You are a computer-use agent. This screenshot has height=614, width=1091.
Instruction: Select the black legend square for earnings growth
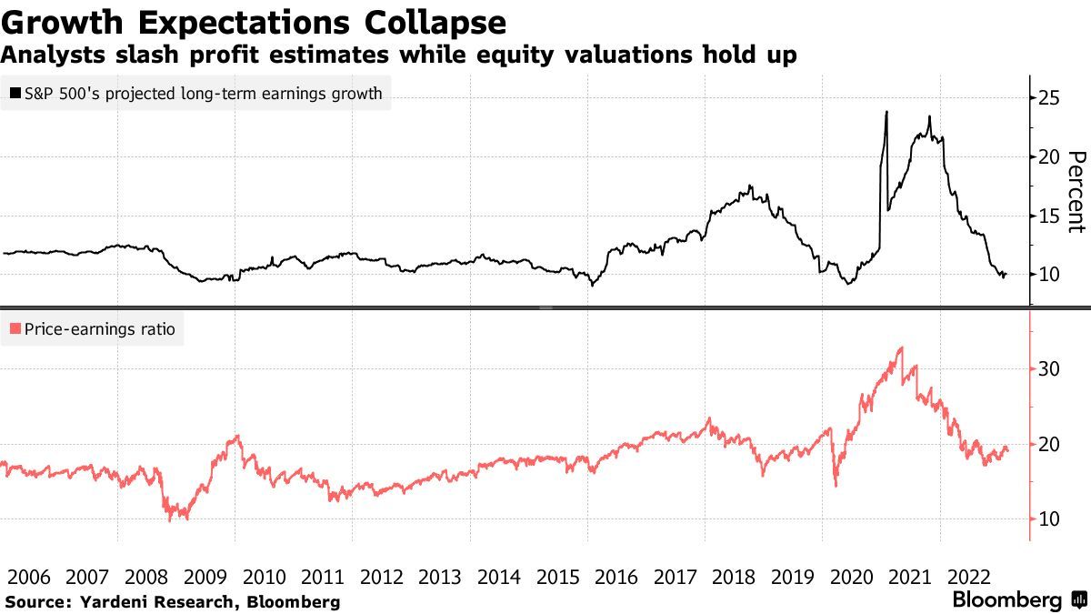16,93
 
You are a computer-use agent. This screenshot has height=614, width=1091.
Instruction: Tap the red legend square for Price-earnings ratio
16,329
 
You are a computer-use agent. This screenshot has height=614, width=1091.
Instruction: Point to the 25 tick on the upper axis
1050,97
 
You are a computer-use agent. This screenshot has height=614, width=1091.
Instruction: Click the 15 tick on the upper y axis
1050,216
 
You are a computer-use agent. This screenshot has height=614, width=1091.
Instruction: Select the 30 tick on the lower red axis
1050,369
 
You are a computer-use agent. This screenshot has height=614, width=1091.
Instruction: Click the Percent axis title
1076,191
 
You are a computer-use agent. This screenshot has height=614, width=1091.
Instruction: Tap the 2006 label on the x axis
29,577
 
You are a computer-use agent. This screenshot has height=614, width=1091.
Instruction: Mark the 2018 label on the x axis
735,577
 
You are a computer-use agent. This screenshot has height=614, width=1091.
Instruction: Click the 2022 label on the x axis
969,577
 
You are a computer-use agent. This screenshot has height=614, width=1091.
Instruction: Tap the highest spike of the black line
886,112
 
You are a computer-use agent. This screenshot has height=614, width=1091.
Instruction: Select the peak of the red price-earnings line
900,347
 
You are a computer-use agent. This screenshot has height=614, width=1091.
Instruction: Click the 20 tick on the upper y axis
1050,156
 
